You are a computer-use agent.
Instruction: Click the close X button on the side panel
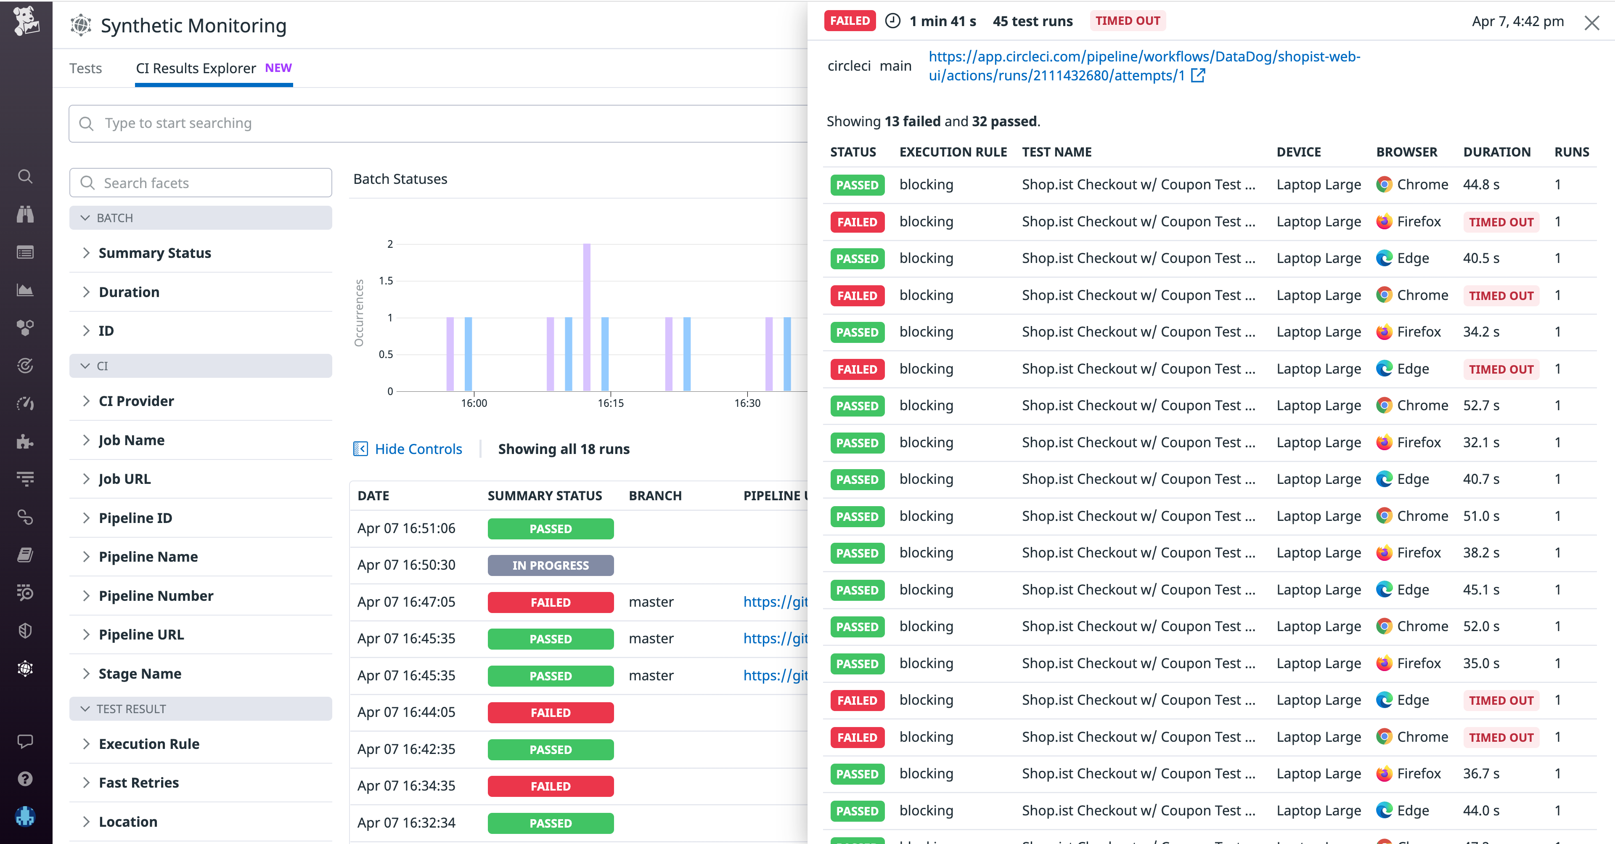point(1591,23)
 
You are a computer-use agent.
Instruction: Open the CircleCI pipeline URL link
point(1144,66)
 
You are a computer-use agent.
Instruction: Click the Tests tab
point(85,68)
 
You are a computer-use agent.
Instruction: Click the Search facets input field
point(201,183)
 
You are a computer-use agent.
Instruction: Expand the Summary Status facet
point(154,253)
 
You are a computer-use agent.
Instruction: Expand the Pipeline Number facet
point(156,596)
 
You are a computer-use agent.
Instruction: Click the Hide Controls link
point(418,449)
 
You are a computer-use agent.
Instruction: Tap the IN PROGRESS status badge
point(551,565)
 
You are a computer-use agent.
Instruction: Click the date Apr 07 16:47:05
point(406,602)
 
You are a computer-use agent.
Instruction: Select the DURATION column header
point(1496,152)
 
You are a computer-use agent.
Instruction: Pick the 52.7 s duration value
point(1481,406)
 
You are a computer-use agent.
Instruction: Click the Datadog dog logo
point(26,21)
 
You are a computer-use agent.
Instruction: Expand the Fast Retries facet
point(138,783)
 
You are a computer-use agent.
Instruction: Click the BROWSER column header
point(1406,152)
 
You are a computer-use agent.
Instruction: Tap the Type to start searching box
point(439,124)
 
